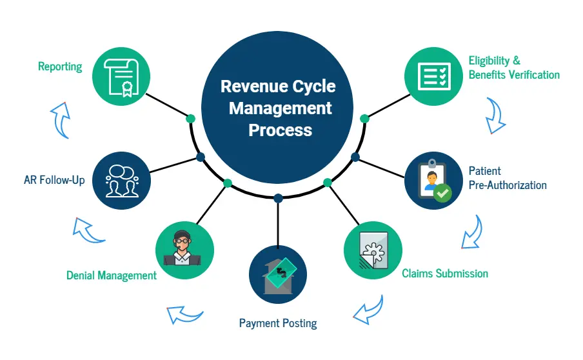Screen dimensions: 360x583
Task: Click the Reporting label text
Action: click(60, 66)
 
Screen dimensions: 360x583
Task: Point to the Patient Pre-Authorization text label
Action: click(508, 178)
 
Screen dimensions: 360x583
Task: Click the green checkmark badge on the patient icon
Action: click(442, 192)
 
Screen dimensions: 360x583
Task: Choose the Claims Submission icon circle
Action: click(372, 250)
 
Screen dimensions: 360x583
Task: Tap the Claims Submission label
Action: click(445, 274)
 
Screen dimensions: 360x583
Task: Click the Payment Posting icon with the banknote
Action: click(277, 274)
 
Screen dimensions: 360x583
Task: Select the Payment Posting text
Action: click(278, 323)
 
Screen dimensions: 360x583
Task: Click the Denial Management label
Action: click(112, 275)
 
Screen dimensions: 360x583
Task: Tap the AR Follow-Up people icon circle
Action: click(121, 180)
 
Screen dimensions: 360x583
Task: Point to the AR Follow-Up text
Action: click(54, 180)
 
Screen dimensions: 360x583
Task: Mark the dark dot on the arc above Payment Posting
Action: click(278, 197)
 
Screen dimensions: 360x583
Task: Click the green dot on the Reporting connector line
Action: click(190, 118)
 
